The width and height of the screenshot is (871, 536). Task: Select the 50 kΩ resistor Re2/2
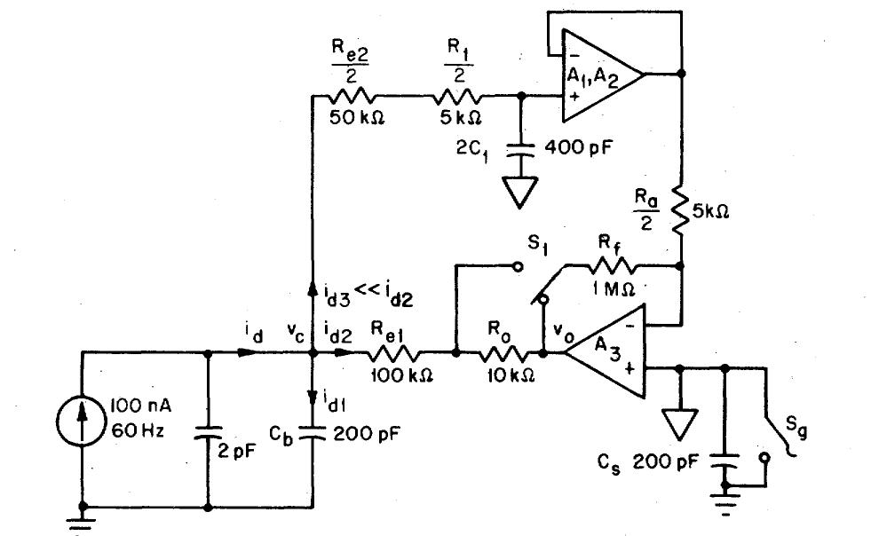click(x=351, y=95)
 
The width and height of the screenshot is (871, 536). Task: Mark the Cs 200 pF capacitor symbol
click(x=727, y=463)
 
